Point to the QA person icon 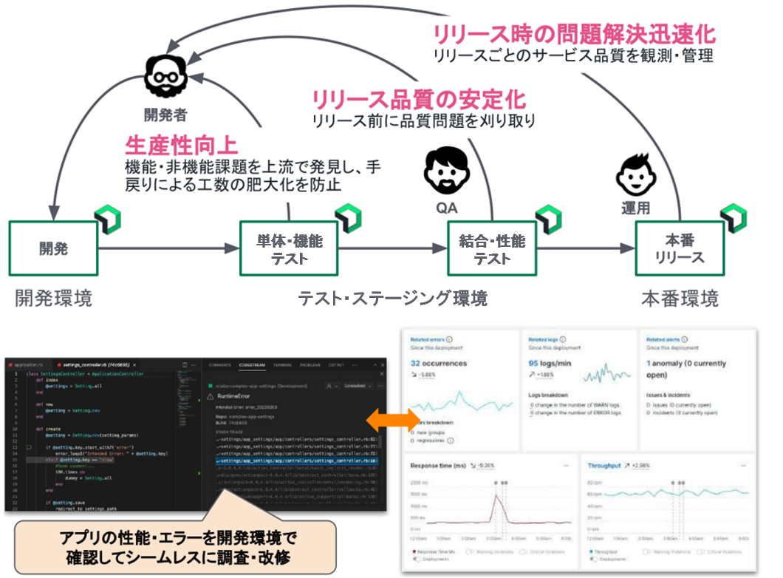click(447, 171)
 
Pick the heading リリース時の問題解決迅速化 click(573, 34)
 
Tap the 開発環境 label click(54, 299)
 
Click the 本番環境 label click(679, 299)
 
